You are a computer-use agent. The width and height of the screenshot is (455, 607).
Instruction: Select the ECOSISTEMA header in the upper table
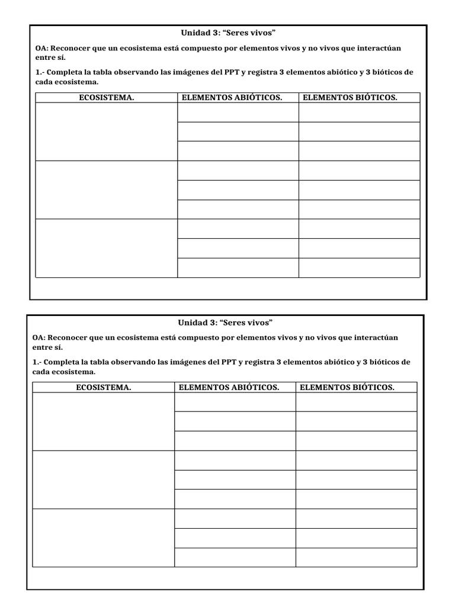(x=107, y=98)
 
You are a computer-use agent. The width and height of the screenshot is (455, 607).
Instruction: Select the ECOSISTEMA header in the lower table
(x=104, y=388)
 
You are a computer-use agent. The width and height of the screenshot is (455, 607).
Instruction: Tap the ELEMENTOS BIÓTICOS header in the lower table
(x=347, y=388)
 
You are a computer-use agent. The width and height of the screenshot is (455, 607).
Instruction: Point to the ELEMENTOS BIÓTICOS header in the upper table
(x=350, y=98)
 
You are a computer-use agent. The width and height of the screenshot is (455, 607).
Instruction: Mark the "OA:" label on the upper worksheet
(x=42, y=48)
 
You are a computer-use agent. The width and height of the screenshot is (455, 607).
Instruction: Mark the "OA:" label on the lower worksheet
(x=39, y=337)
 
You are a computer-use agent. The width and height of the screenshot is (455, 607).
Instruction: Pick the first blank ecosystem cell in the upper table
(x=107, y=132)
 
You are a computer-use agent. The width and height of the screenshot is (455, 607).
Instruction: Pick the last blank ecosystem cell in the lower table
(x=104, y=538)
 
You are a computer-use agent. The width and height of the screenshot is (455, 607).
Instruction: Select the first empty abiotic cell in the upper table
(x=238, y=113)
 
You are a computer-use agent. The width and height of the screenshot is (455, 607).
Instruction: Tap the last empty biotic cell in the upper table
(x=359, y=267)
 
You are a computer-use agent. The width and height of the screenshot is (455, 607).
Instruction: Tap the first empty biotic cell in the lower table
(x=356, y=402)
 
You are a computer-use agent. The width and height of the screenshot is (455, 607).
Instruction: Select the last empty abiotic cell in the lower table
(x=235, y=557)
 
